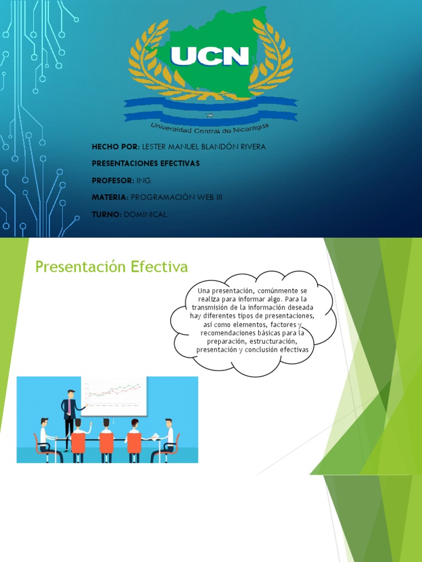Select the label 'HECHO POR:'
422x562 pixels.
coord(115,147)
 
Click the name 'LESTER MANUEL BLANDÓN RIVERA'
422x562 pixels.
coord(203,147)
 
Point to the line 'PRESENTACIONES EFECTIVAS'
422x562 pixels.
coord(146,164)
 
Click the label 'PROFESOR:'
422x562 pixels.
coord(113,181)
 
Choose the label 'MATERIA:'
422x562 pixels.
coord(110,197)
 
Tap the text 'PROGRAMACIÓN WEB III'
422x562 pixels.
coord(176,197)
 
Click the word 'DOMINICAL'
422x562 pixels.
coord(146,214)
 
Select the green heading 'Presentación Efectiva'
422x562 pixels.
coord(112,267)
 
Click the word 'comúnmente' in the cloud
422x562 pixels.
coord(271,290)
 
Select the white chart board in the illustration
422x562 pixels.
coord(114,395)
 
